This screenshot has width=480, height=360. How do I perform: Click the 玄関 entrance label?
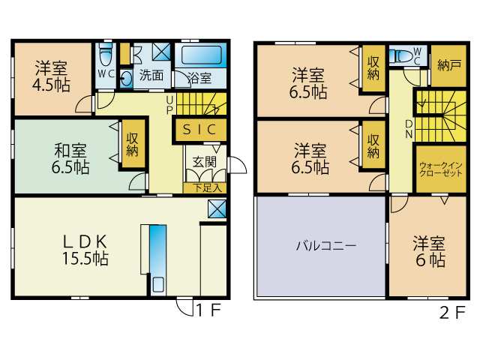pyautogui.click(x=204, y=161)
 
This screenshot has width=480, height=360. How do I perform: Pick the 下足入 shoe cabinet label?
pyautogui.click(x=203, y=187)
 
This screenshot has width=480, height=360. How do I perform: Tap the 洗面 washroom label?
pyautogui.click(x=151, y=75)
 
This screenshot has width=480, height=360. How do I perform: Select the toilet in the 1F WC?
pyautogui.click(x=106, y=55)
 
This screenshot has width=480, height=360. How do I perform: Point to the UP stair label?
pyautogui.click(x=170, y=103)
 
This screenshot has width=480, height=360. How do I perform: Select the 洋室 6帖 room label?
pyautogui.click(x=428, y=253)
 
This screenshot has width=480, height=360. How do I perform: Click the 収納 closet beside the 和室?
pyautogui.click(x=133, y=144)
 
